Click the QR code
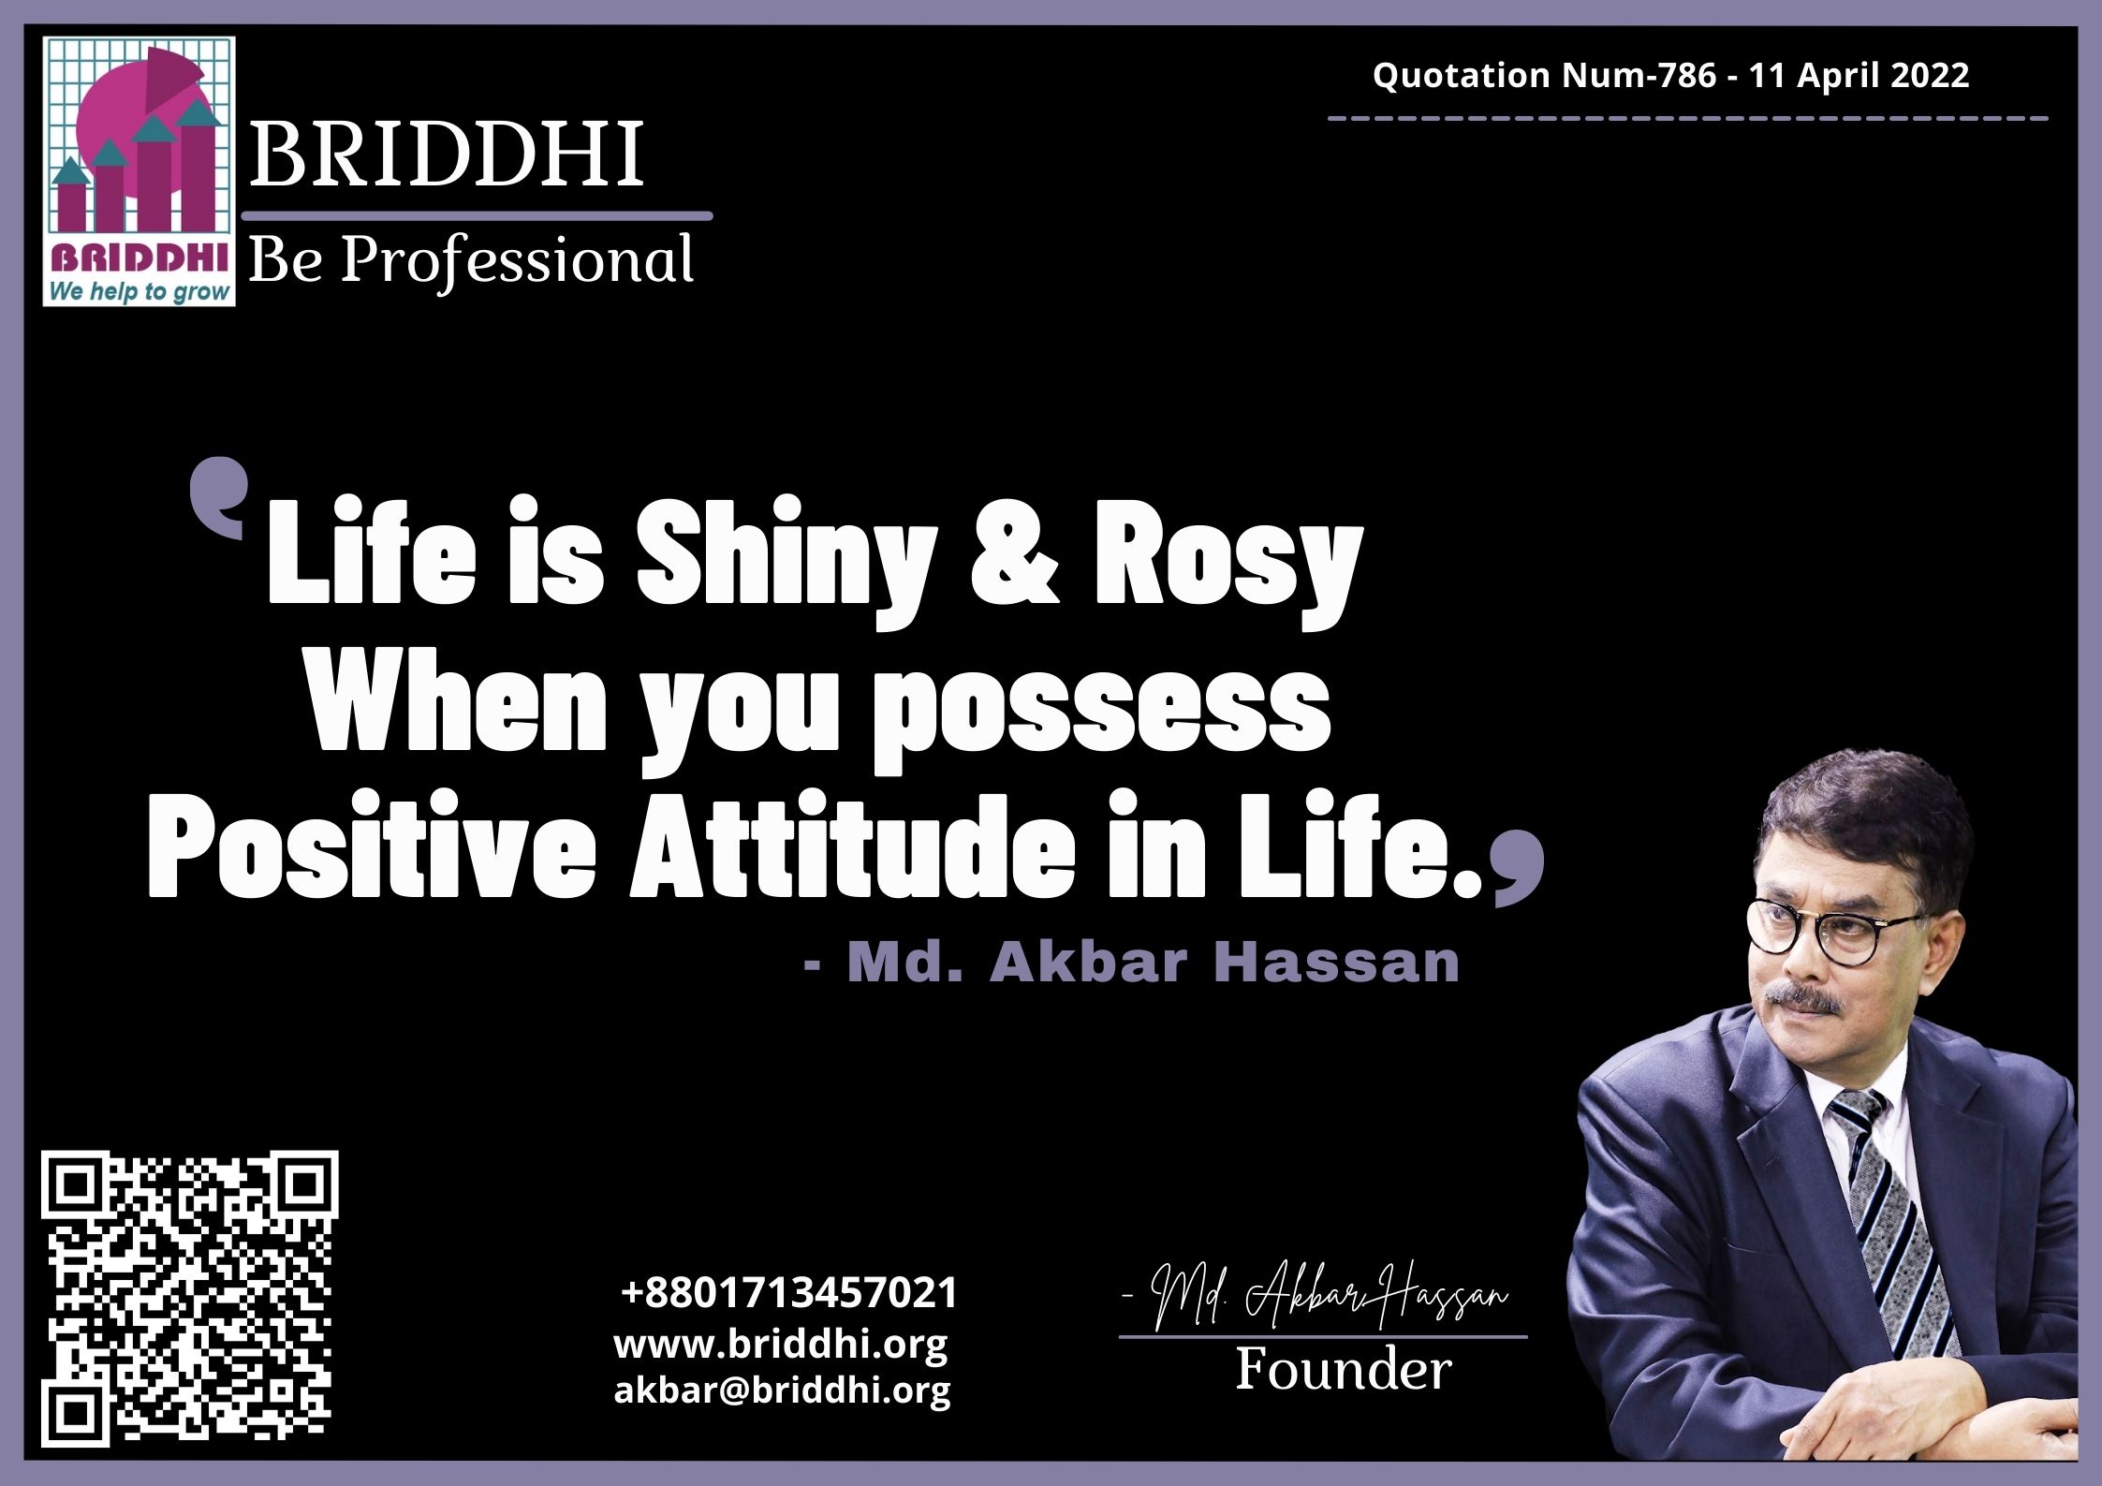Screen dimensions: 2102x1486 click(190, 1299)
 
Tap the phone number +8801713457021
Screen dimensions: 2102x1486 click(789, 1293)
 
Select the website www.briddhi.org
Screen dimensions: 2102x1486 click(781, 1345)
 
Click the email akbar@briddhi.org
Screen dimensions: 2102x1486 click(783, 1390)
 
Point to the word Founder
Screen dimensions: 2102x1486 click(1344, 1370)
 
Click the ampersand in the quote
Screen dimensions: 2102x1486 click(1016, 557)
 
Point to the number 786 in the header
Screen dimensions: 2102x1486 click(1687, 75)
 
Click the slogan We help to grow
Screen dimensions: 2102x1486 click(139, 290)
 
